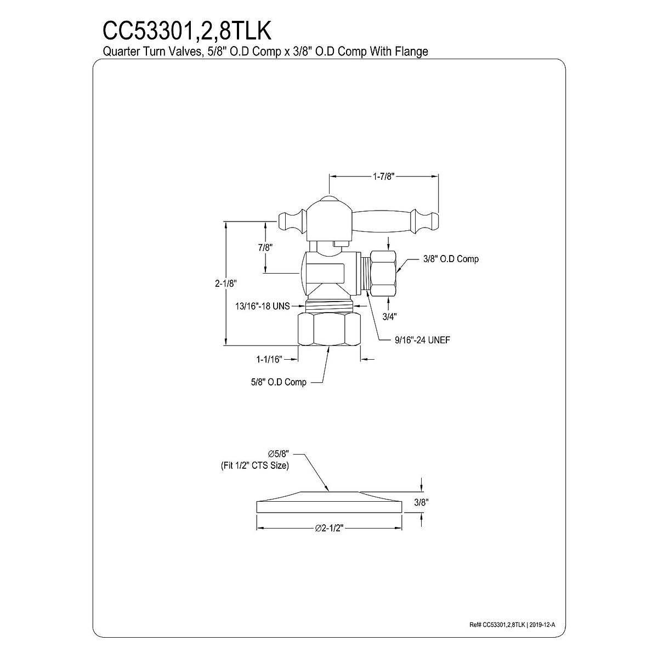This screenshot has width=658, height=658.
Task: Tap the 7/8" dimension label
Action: tap(265, 247)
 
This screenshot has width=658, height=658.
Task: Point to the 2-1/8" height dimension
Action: tap(225, 283)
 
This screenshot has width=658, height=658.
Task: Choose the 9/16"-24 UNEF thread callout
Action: tap(422, 340)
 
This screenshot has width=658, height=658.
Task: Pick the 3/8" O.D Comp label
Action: tap(451, 259)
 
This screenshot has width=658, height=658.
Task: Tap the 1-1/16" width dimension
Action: tap(269, 360)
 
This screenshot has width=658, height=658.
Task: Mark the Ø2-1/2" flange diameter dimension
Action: tap(330, 528)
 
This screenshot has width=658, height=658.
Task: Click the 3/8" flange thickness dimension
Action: tap(421, 502)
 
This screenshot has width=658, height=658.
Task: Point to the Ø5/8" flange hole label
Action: tap(278, 454)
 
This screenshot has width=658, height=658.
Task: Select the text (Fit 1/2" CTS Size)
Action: tap(251, 466)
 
